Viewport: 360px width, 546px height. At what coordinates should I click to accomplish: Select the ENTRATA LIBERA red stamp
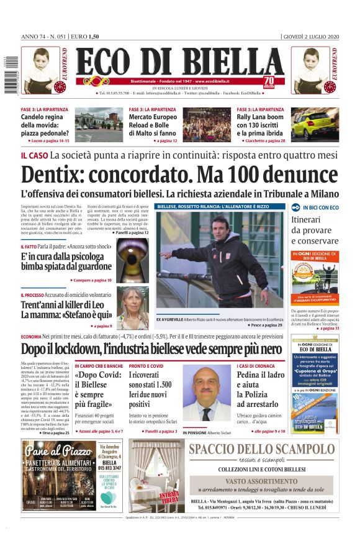(169, 496)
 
